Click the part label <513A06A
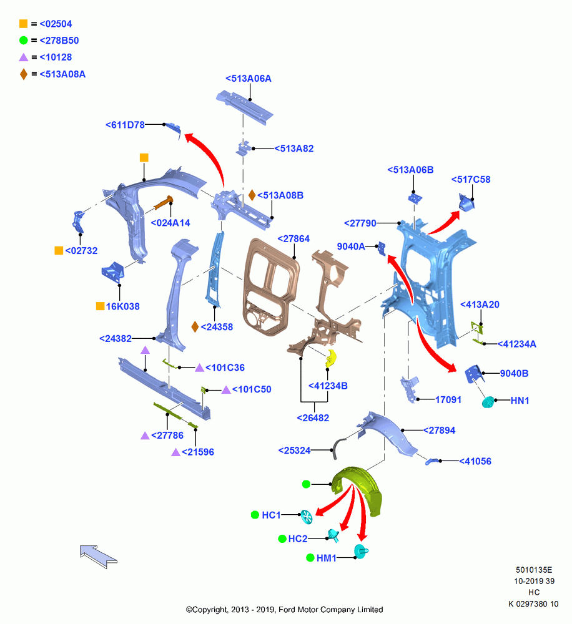click(248, 79)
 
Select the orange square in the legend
click(24, 24)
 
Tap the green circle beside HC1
click(255, 515)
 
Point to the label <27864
click(293, 239)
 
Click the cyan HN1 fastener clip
click(488, 402)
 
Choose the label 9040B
click(515, 373)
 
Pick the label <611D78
click(125, 125)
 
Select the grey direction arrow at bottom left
click(99, 556)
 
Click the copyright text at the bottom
click(284, 610)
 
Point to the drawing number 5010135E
click(534, 570)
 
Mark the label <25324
click(294, 451)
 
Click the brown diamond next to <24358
click(195, 327)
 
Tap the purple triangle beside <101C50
click(226, 389)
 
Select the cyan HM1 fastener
click(360, 552)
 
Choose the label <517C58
click(471, 180)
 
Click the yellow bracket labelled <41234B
click(331, 358)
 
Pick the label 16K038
click(122, 306)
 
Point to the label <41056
click(475, 461)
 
